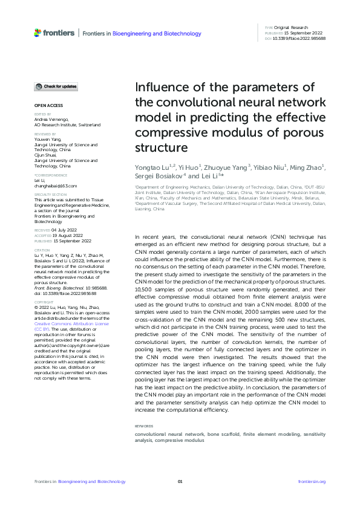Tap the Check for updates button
tap(56, 86)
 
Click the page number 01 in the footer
tap(180, 482)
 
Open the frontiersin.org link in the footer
tap(312, 482)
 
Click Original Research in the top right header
tap(291, 28)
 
